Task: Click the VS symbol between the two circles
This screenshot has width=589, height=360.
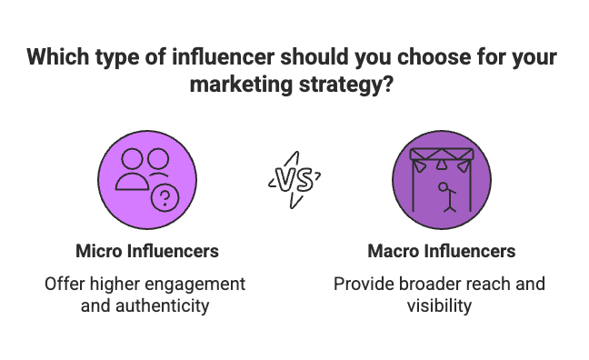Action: click(293, 178)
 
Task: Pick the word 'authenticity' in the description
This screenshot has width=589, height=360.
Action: click(165, 305)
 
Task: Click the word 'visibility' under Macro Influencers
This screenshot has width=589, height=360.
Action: click(439, 305)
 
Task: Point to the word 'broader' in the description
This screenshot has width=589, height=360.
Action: click(427, 284)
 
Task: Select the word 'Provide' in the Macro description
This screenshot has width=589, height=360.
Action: click(363, 284)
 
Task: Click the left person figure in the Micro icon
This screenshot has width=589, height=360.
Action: click(132, 169)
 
